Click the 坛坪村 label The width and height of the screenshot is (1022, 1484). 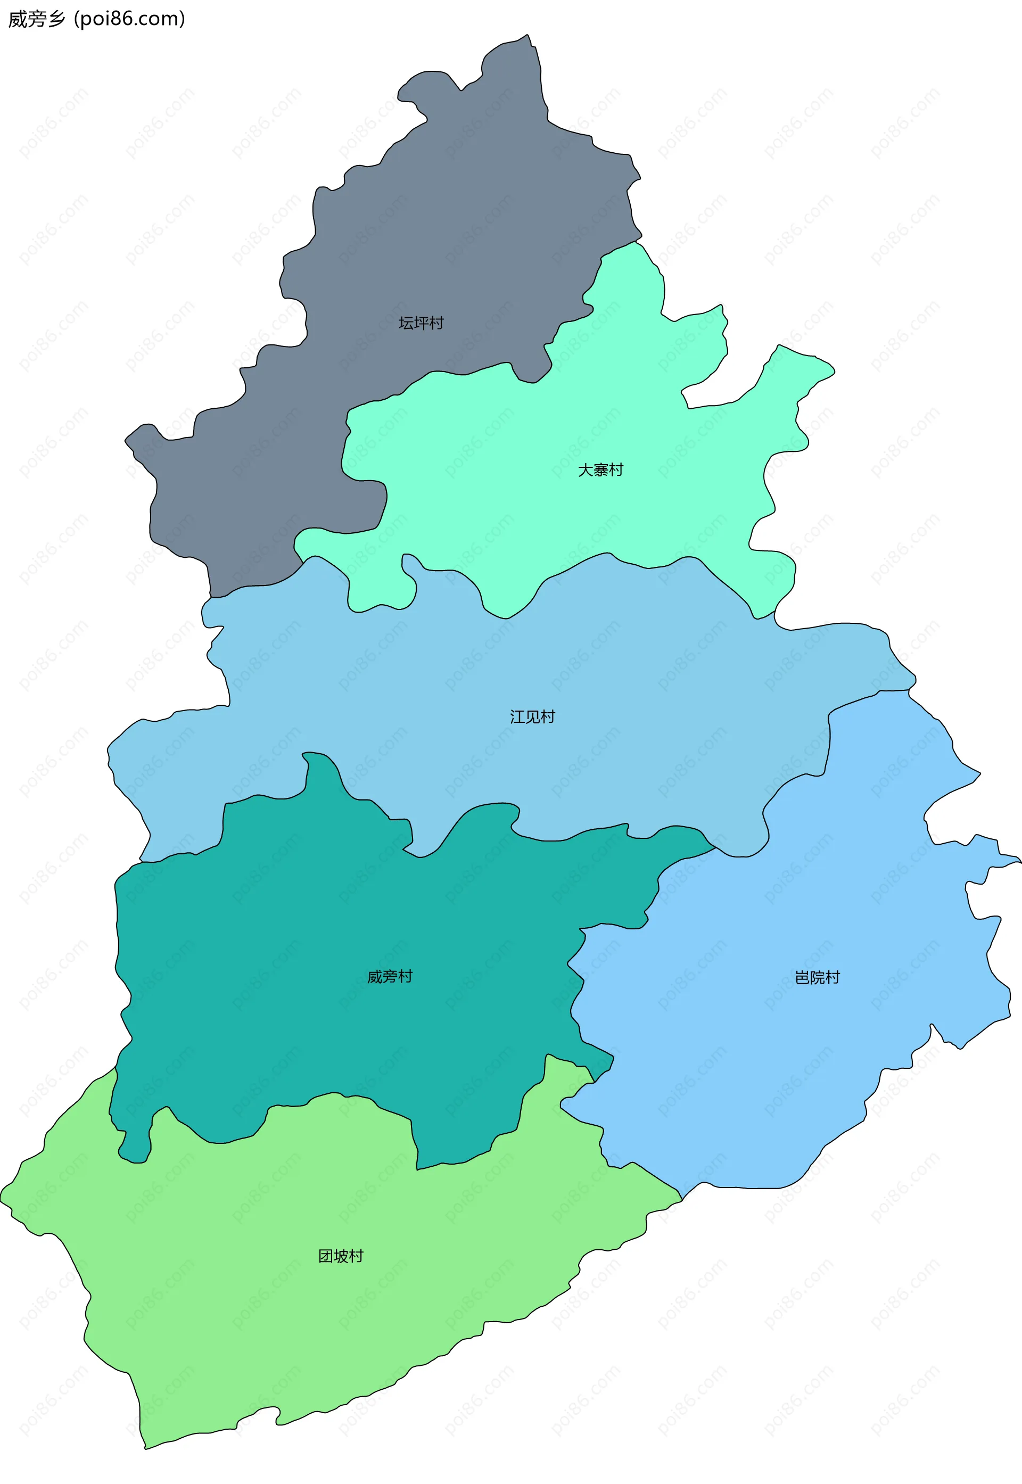click(421, 323)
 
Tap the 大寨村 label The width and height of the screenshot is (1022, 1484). click(600, 470)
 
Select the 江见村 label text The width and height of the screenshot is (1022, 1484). click(532, 717)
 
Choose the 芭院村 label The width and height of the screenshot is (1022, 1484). click(817, 978)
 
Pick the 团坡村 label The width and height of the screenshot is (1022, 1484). click(341, 1256)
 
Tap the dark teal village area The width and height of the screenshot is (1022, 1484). click(320, 928)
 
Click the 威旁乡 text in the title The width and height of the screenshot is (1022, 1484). click(37, 19)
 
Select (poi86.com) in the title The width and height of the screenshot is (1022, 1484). click(129, 19)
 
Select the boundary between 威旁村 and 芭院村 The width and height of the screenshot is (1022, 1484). click(576, 999)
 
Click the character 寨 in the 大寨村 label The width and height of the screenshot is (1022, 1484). click(600, 470)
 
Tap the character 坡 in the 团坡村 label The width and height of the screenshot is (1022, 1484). click(341, 1256)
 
